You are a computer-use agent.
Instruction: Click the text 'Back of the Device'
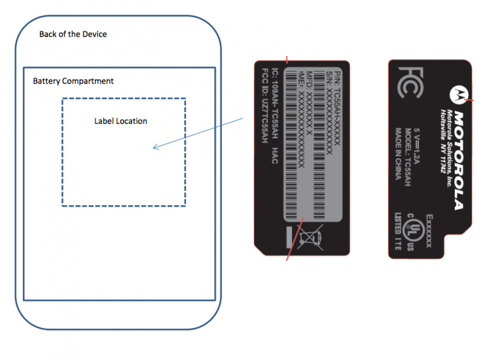click(x=73, y=34)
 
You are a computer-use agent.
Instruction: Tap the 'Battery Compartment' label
click(x=73, y=81)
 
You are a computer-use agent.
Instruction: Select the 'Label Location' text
click(x=120, y=121)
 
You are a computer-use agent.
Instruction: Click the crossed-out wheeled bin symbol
click(x=311, y=237)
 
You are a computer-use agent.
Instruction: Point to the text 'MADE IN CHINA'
click(x=398, y=154)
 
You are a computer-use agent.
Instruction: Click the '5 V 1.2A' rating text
click(x=417, y=144)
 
